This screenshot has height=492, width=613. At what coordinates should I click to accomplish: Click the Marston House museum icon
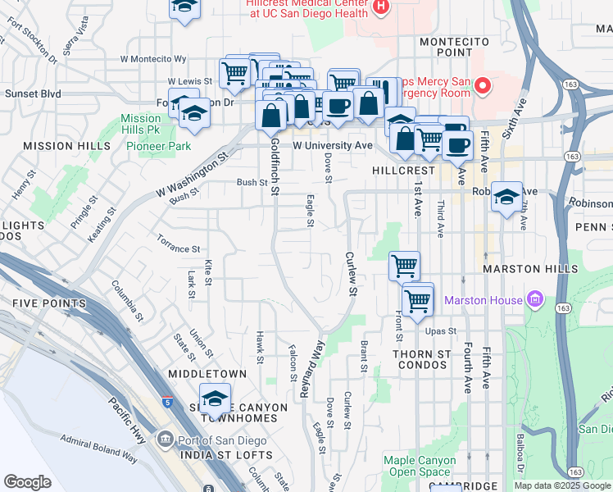click(537, 300)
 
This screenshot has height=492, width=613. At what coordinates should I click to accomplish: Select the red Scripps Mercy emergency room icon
click(483, 84)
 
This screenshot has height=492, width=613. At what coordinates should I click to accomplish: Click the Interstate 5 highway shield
click(167, 402)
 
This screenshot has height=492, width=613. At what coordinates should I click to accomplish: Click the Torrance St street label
click(179, 248)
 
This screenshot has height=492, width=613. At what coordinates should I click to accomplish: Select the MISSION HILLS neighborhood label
click(56, 146)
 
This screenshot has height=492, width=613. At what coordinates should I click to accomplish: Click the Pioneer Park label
click(158, 146)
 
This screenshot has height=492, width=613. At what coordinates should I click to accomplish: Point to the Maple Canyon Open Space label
click(420, 466)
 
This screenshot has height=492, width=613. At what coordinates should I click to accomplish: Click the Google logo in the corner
click(27, 482)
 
